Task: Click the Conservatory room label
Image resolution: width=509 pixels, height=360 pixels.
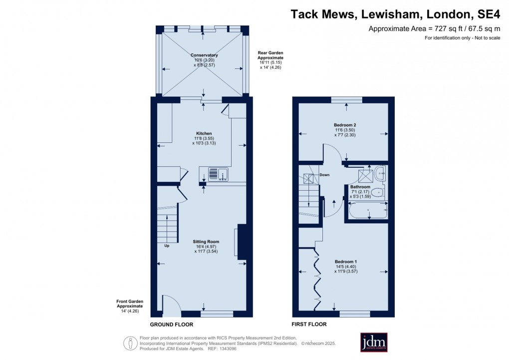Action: [204, 55]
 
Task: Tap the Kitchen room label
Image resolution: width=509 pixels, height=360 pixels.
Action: [204, 134]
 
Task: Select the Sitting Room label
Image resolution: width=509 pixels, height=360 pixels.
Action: [206, 242]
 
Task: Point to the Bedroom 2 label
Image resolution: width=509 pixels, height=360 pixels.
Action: [344, 125]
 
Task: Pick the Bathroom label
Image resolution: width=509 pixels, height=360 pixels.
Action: [360, 187]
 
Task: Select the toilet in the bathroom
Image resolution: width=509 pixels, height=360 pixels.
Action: [378, 192]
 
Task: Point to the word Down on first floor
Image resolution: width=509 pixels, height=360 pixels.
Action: [324, 175]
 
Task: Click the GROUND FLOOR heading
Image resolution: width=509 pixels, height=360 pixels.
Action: [173, 324]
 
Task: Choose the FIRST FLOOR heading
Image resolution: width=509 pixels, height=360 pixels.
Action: [309, 324]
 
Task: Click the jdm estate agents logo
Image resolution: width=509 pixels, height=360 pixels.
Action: [374, 342]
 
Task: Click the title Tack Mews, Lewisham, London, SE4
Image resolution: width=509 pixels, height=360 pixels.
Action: [395, 14]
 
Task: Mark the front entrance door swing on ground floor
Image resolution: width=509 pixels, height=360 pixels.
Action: [171, 305]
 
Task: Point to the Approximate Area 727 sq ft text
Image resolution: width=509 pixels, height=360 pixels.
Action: [434, 28]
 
